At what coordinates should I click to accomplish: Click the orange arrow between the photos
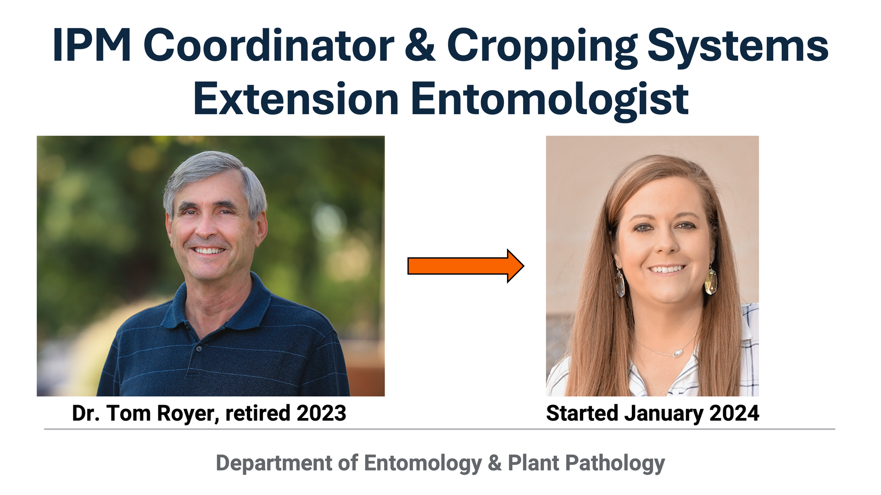point(466,266)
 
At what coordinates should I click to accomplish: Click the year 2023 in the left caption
point(321,413)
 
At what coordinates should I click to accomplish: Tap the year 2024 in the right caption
point(734,413)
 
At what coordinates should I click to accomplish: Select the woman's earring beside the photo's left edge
point(620,282)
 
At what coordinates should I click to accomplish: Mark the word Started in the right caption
point(582,413)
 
